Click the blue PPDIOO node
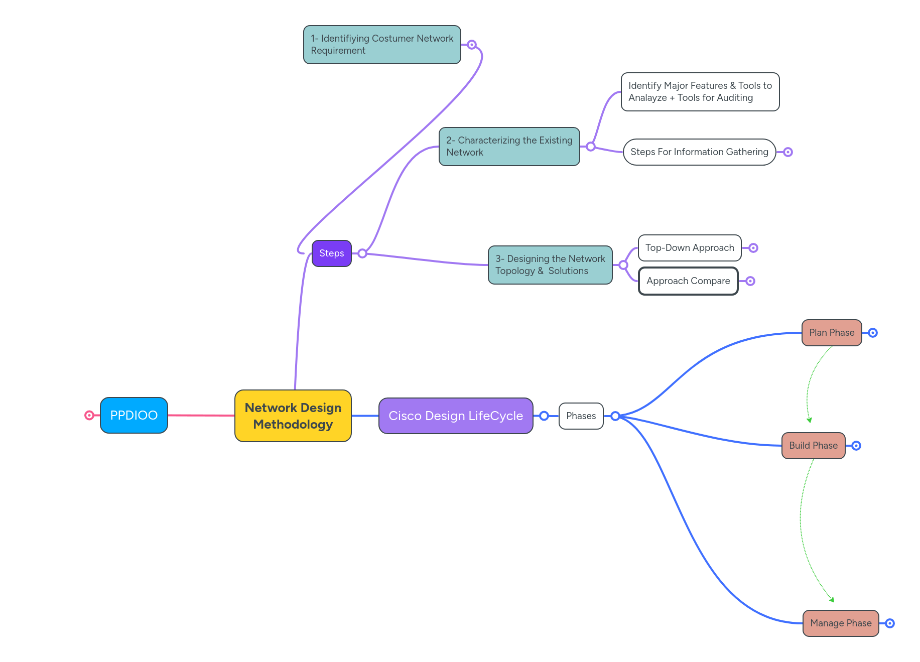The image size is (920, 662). tap(134, 415)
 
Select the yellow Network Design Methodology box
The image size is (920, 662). tap(293, 416)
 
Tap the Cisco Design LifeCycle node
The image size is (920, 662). tap(455, 416)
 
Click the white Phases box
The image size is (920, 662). tap(581, 416)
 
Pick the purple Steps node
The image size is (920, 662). tap(331, 253)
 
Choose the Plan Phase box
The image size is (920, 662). tap(831, 332)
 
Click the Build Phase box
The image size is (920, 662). tap(813, 445)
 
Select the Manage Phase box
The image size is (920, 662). tap(840, 623)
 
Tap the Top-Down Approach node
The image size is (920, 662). tap(689, 247)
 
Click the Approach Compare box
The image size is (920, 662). tap(688, 281)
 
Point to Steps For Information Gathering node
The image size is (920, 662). tap(699, 152)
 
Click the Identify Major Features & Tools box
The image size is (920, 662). tap(700, 91)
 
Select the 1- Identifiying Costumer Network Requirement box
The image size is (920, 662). tap(381, 44)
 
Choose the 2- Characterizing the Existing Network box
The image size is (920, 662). tap(509, 146)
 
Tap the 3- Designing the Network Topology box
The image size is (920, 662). tap(550, 264)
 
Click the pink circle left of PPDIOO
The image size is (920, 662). tap(89, 415)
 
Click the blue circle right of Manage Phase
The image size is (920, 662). tap(889, 623)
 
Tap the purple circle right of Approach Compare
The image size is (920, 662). tap(750, 281)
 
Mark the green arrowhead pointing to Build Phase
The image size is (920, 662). tap(809, 420)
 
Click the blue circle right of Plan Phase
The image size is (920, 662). tap(872, 333)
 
